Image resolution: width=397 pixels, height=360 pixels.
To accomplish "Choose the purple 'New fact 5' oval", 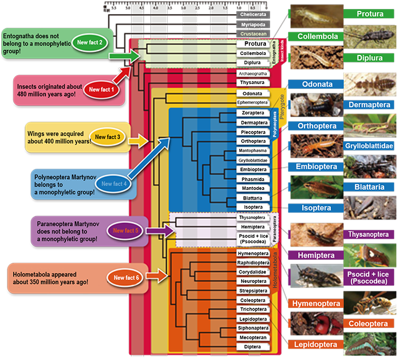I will [125, 231].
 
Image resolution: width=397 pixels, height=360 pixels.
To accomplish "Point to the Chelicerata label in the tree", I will [253, 14].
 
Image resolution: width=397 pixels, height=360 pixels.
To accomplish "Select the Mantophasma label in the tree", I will [252, 151].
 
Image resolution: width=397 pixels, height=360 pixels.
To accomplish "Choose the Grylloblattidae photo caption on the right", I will [369, 146].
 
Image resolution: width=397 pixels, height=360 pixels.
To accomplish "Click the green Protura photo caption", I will [369, 14].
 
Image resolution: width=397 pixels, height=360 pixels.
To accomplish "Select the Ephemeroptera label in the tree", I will [252, 103].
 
